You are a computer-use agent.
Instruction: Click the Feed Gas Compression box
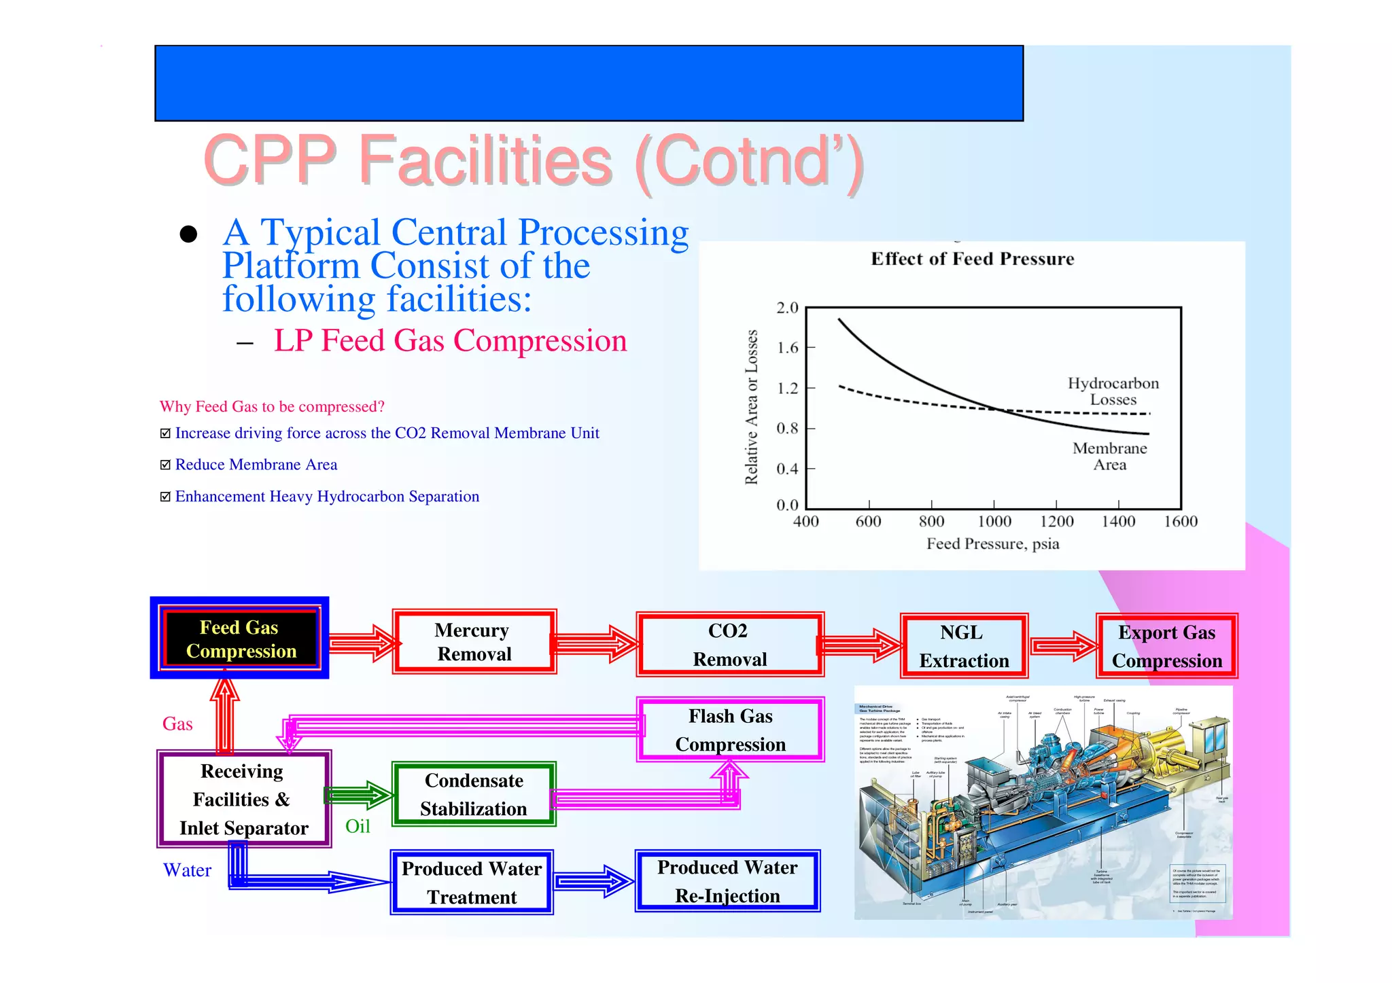coord(240,639)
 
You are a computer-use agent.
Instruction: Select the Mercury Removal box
coord(474,642)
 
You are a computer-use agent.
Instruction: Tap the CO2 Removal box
coord(729,645)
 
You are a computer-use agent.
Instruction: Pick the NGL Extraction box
coord(963,646)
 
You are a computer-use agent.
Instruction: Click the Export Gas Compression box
coord(1166,646)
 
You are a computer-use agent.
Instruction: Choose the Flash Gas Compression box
coord(730,730)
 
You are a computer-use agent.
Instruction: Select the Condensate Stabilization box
coord(474,794)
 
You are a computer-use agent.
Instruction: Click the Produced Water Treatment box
coord(472,882)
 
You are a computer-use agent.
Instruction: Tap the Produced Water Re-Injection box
coord(727,881)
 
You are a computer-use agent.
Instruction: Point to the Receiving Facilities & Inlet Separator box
coord(243,799)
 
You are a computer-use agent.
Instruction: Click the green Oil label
coord(358,826)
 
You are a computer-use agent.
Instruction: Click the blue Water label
coord(187,870)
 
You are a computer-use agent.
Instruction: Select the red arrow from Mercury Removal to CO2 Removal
coord(595,643)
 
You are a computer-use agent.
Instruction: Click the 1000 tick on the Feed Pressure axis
coord(994,522)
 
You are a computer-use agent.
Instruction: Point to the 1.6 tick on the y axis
coord(787,348)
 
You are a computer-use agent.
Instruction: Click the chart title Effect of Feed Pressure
coord(972,259)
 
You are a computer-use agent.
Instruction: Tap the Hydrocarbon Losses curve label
coord(1113,391)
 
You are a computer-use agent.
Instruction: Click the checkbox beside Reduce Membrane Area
coord(165,465)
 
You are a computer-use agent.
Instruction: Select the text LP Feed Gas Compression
coord(450,340)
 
